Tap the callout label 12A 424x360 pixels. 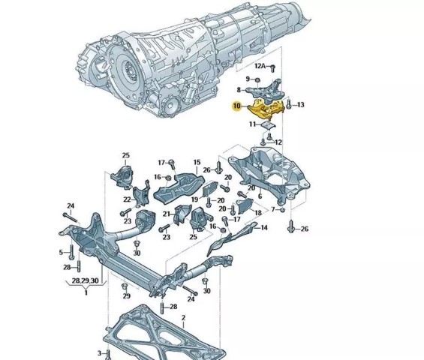(x=260, y=66)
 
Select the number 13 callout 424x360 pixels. (x=300, y=104)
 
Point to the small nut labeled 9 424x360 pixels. (x=257, y=79)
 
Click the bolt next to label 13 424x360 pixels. (x=288, y=104)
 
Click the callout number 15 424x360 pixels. (x=197, y=162)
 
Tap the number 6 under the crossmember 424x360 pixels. (x=260, y=196)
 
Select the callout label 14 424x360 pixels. (x=263, y=227)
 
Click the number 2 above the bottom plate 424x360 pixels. (x=183, y=317)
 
